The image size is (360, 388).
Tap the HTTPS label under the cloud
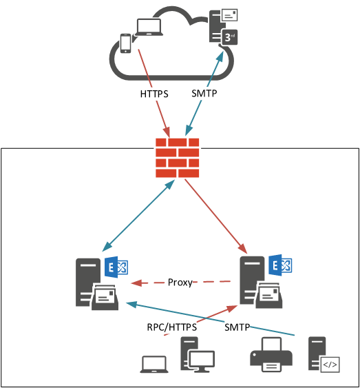[154, 93]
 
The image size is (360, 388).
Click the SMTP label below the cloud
[205, 93]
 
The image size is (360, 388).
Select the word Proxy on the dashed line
[180, 283]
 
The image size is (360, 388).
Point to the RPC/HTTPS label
[173, 327]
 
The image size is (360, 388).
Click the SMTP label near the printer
[237, 327]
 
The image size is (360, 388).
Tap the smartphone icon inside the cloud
[125, 43]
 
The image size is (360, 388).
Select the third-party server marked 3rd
[226, 31]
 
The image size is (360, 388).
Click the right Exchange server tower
[251, 279]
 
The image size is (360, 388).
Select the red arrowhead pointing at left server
[137, 283]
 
